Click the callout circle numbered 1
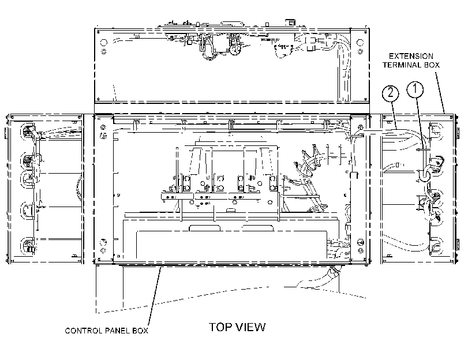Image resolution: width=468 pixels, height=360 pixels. pos(415,89)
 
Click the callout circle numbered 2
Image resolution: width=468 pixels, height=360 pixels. pos(391,93)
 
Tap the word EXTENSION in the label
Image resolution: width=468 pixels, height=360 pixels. pos(411,56)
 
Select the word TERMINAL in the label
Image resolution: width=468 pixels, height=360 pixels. pos(401,65)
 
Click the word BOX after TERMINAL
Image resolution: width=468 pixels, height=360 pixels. pos(430,65)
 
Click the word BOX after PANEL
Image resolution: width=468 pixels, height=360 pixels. pos(140,331)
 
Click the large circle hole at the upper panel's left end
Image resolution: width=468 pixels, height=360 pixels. pos(103,42)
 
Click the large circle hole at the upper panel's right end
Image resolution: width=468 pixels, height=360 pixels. pos(360,42)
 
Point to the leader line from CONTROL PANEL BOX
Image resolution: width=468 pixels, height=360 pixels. pos(155,297)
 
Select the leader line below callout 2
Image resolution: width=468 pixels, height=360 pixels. pos(394,115)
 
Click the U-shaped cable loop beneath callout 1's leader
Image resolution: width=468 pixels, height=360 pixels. pos(424,176)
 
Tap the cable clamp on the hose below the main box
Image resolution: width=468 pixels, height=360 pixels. pos(332,272)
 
